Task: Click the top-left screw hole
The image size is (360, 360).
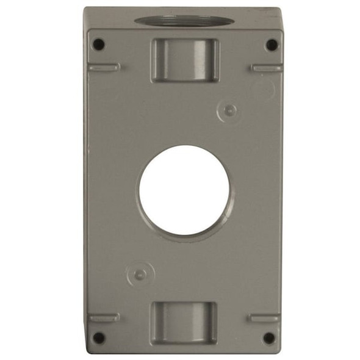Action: coord(98,45)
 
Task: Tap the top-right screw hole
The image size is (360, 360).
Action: coord(272,45)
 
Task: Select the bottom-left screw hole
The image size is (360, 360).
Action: coord(98,337)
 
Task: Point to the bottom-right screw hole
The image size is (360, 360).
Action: coord(269,337)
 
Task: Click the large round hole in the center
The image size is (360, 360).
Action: coord(184,190)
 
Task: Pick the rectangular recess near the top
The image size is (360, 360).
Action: coord(184,60)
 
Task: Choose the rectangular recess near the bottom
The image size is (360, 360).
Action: coord(184,322)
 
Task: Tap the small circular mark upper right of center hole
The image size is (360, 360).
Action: coord(229,110)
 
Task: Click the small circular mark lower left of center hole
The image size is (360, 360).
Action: coord(140,274)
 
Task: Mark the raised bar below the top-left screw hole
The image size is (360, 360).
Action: coord(104,67)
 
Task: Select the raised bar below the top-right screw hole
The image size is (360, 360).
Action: coord(266,68)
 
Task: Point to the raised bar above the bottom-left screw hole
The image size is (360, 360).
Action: coord(104,317)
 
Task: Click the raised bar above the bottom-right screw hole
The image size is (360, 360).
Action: coord(264,317)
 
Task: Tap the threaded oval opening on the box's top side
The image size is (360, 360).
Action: coord(184,20)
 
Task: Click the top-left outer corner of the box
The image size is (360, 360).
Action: coord(85,9)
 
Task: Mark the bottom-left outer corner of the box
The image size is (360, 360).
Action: coord(86,352)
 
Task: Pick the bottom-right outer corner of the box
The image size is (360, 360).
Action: coord(281,352)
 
